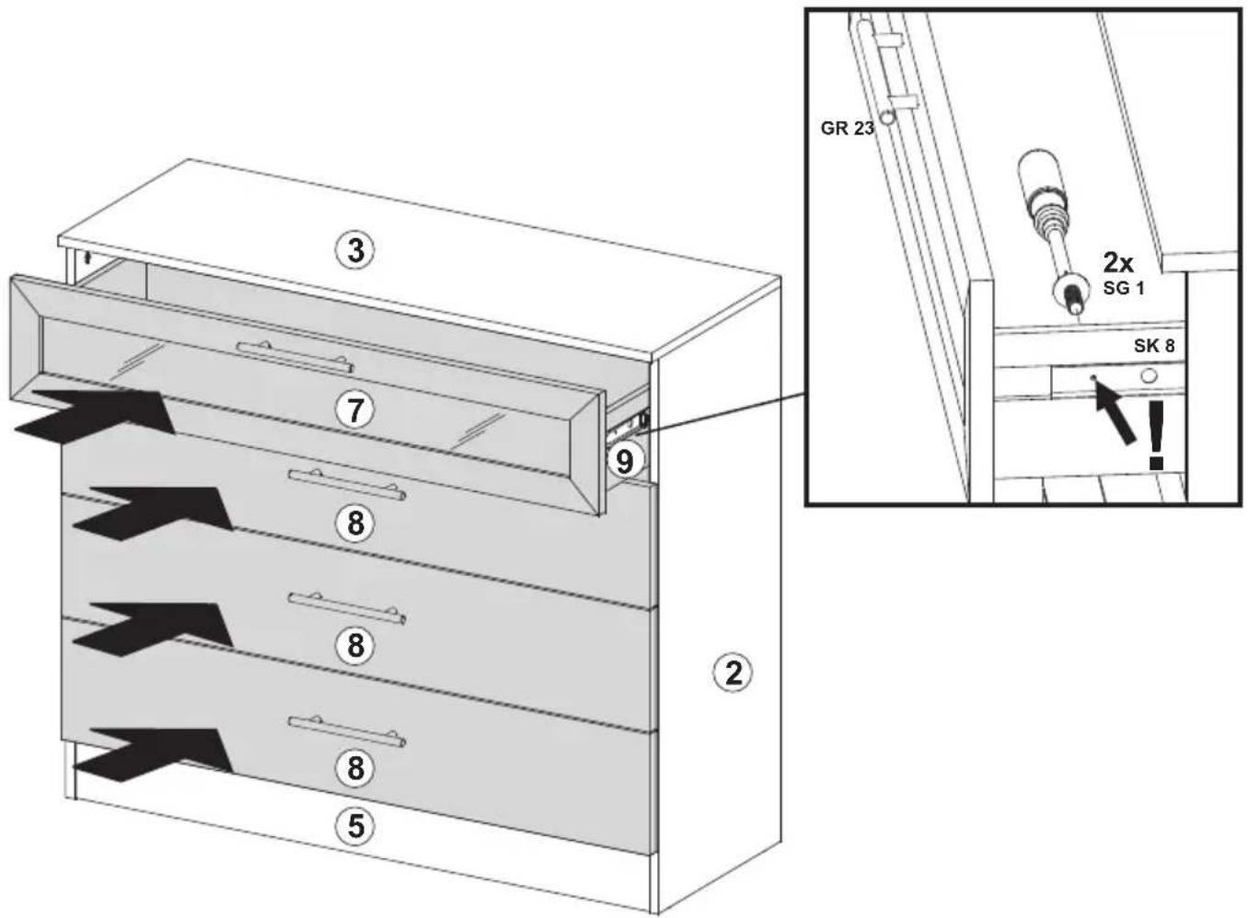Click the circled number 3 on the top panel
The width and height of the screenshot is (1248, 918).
[x=355, y=251]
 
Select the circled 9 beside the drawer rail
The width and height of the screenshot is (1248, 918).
[x=625, y=461]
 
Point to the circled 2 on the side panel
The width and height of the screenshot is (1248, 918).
[x=734, y=673]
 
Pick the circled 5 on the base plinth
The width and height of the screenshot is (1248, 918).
[x=355, y=825]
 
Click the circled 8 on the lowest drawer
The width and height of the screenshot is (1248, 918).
[x=355, y=768]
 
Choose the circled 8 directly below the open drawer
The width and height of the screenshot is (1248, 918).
[x=355, y=523]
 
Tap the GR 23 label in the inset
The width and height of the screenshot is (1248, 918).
[x=848, y=129]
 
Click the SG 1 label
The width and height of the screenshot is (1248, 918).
[x=1124, y=289]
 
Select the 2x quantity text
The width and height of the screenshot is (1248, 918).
[x=1119, y=261]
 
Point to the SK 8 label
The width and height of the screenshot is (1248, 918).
[x=1154, y=346]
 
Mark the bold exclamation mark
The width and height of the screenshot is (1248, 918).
[x=1157, y=435]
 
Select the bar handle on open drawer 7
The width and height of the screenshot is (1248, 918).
[x=295, y=356]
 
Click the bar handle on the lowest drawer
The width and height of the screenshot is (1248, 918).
[x=347, y=732]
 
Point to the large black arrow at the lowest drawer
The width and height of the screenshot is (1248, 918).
[x=153, y=755]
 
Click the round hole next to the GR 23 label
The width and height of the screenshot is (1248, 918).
[x=886, y=117]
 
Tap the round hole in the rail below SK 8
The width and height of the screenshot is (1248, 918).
[x=1148, y=376]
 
